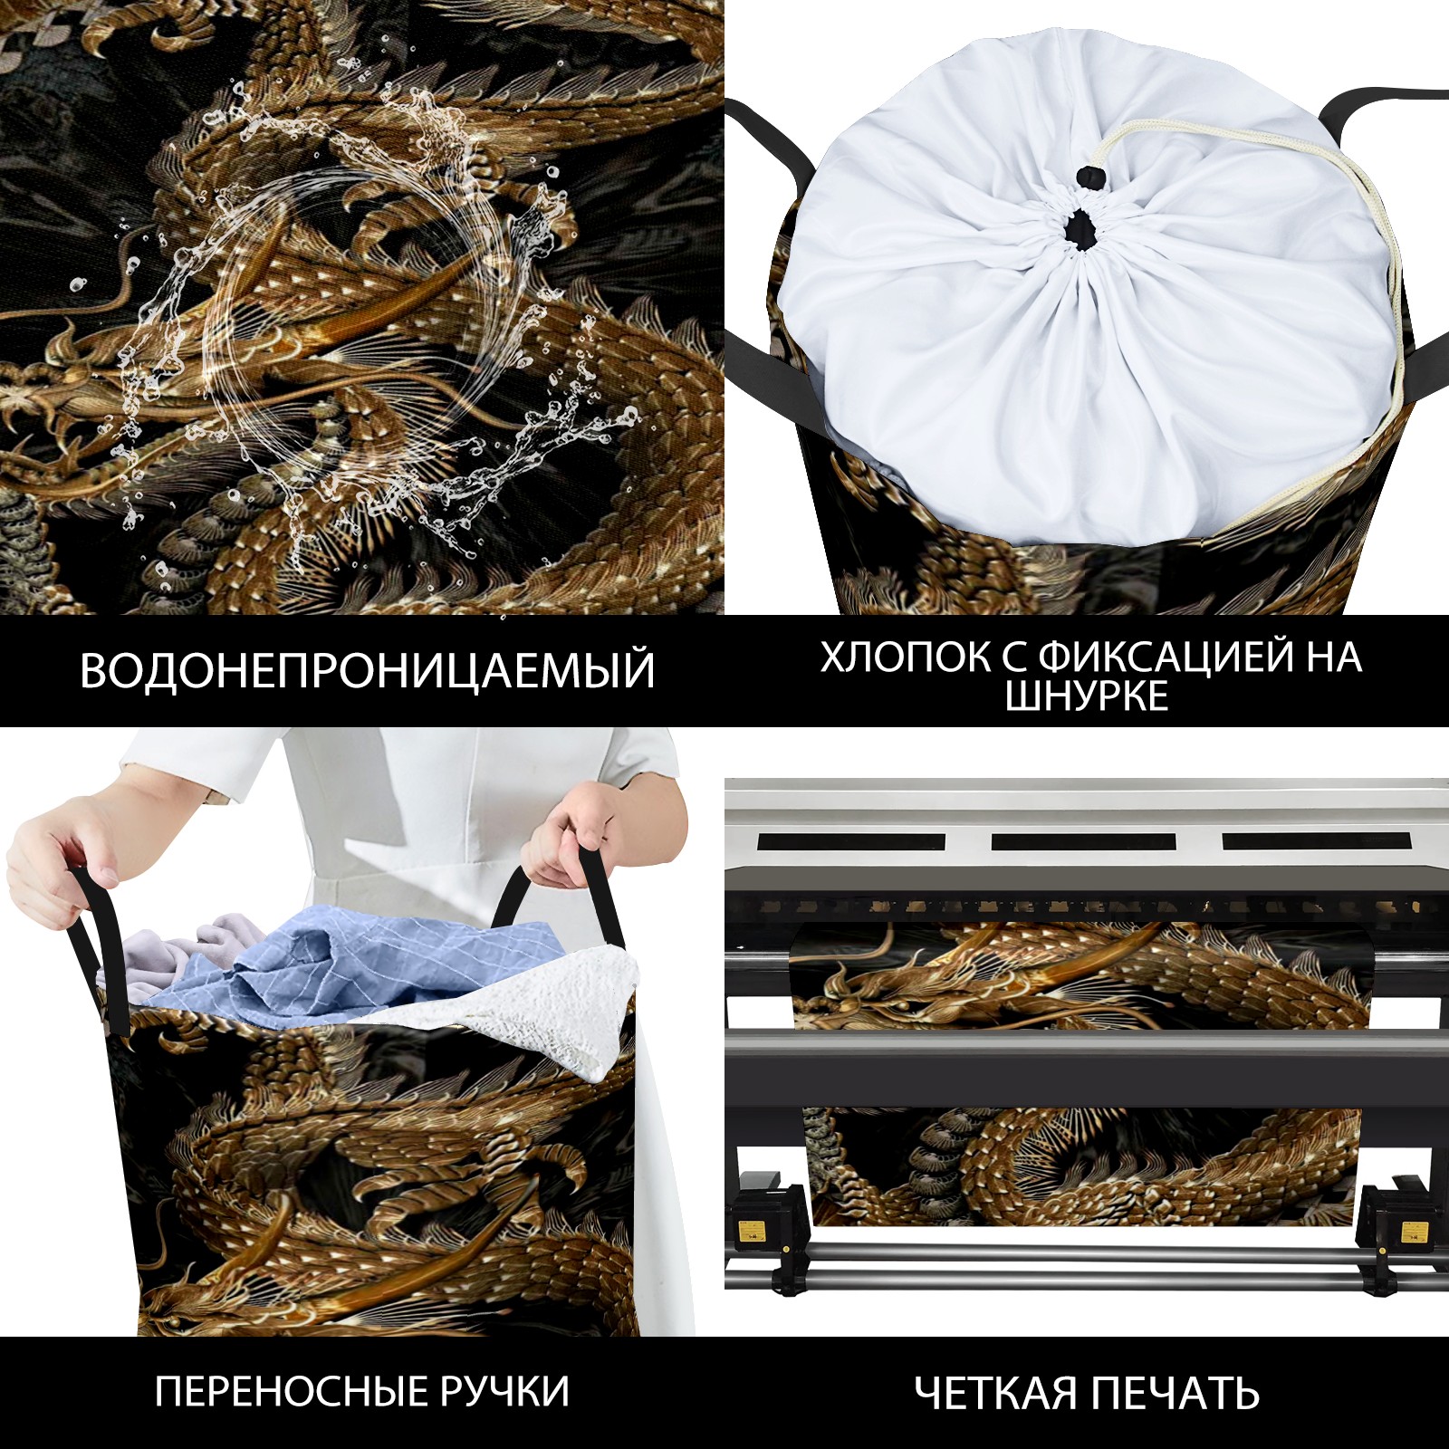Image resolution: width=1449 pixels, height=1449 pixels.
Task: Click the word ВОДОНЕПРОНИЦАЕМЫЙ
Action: (367, 670)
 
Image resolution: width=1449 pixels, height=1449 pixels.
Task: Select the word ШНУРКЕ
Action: (1087, 696)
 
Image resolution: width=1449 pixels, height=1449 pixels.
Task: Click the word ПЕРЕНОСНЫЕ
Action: (298, 1391)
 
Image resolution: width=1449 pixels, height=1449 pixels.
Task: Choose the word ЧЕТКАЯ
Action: (994, 1393)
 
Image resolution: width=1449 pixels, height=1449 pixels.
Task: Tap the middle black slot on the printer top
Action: (1083, 841)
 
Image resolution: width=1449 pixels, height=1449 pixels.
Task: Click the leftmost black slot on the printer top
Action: (850, 841)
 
